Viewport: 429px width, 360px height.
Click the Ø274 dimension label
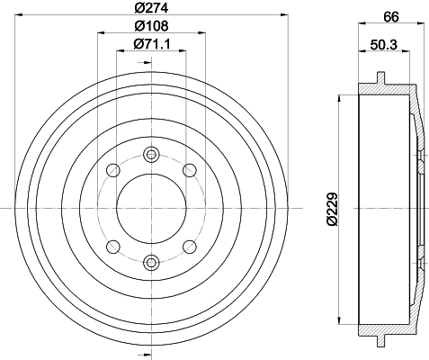click(149, 8)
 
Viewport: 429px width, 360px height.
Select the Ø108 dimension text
click(149, 26)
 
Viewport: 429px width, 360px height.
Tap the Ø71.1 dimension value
click(149, 44)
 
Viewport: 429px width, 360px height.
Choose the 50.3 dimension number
click(385, 42)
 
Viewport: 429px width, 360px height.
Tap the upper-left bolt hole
click(112, 169)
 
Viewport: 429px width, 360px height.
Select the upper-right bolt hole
click(188, 169)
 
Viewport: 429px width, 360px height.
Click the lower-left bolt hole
click(112, 246)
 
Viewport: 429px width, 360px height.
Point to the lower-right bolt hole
click(188, 246)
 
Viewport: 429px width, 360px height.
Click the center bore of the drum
click(149, 207)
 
